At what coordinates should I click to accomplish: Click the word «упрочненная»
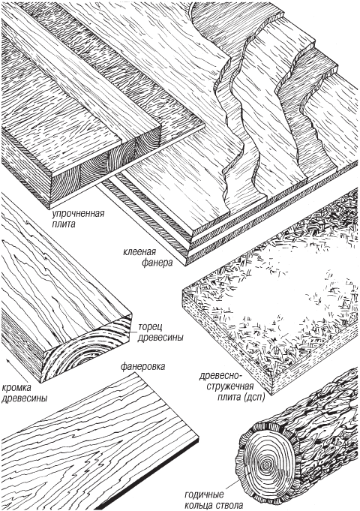tap(78, 215)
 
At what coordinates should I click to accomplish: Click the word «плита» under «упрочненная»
tap(64, 224)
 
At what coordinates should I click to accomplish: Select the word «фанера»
tap(157, 263)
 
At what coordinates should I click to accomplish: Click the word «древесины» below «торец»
tap(160, 338)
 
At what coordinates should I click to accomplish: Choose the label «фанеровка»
tap(142, 367)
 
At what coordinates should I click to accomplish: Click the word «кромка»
tap(16, 388)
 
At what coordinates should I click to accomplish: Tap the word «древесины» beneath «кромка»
tap(24, 398)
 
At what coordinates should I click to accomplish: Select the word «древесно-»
tap(220, 377)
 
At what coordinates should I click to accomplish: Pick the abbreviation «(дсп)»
tap(253, 398)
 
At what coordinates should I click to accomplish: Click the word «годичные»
tap(204, 494)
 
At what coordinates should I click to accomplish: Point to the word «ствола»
tap(229, 506)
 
